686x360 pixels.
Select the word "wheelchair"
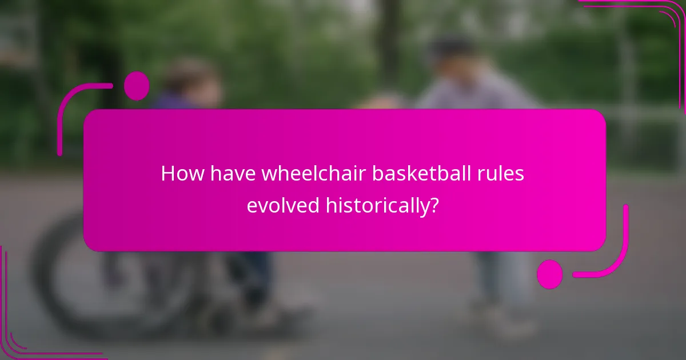pyautogui.click(x=314, y=174)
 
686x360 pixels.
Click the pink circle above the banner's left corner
pyautogui.click(x=136, y=86)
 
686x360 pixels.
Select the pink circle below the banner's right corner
pyautogui.click(x=550, y=274)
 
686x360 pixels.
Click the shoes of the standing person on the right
pyautogui.click(x=503, y=320)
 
